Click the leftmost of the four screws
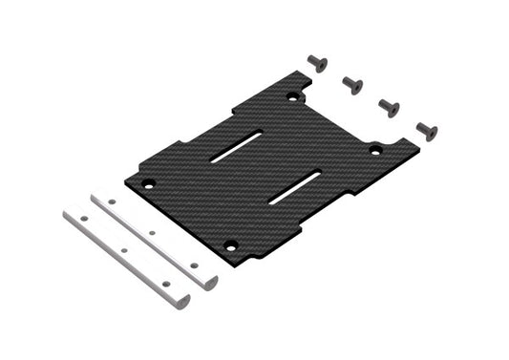click(317, 63)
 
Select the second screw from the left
click(352, 85)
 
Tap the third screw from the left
click(389, 107)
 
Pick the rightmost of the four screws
click(426, 130)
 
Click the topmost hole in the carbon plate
click(292, 95)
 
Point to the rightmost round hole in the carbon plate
click(375, 149)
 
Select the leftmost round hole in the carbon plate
click(147, 183)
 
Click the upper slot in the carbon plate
click(236, 146)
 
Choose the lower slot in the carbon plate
click(295, 186)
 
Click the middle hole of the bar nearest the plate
click(151, 232)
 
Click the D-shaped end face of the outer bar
click(180, 301)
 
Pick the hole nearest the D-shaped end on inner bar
click(194, 265)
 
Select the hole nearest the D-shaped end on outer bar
click(166, 284)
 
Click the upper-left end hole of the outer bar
click(83, 219)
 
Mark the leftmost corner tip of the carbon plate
click(125, 179)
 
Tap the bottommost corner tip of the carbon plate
click(250, 261)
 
